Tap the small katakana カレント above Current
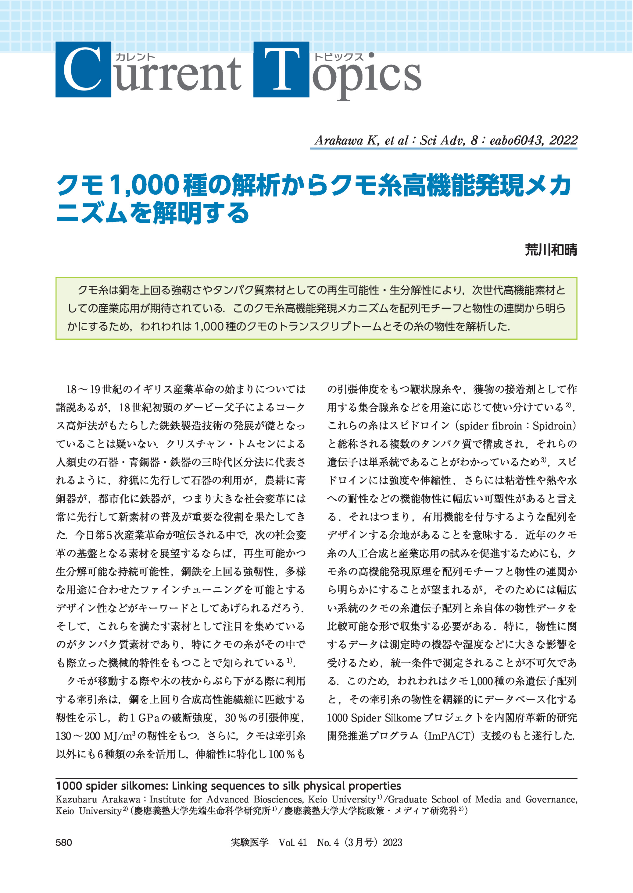click(135, 57)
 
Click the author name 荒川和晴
click(551, 250)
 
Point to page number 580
click(64, 842)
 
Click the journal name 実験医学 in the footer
click(249, 842)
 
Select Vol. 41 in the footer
click(293, 842)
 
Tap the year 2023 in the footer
click(392, 842)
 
